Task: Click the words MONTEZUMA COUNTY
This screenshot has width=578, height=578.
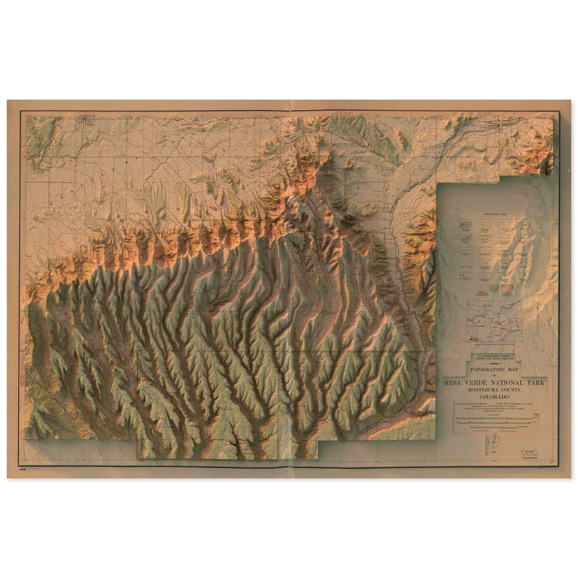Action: click(x=493, y=391)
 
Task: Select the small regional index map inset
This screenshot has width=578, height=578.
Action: click(x=493, y=322)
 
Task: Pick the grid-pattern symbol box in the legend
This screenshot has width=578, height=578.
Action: click(x=466, y=225)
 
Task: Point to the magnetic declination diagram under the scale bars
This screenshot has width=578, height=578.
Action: click(x=494, y=442)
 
